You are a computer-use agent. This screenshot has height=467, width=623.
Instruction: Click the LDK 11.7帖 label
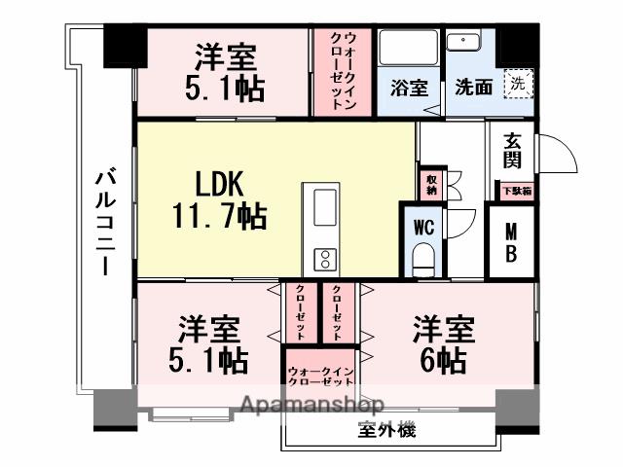pyautogui.click(x=220, y=199)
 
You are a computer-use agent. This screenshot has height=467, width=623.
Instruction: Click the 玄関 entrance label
pyautogui.click(x=512, y=152)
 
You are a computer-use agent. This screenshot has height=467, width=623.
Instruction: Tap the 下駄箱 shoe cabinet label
pyautogui.click(x=516, y=191)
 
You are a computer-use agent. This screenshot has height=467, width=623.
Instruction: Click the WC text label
pyautogui.click(x=422, y=228)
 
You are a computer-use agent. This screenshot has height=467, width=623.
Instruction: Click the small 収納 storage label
pyautogui.click(x=430, y=184)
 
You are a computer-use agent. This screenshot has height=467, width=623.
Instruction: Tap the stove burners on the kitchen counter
pyautogui.click(x=323, y=259)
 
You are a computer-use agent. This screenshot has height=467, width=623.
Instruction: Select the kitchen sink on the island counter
pyautogui.click(x=324, y=205)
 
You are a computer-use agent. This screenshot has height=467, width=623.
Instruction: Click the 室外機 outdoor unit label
pyautogui.click(x=386, y=430)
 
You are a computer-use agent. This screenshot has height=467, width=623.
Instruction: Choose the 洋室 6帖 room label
pyautogui.click(x=443, y=344)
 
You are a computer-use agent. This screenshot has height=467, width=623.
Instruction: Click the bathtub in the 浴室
pyautogui.click(x=408, y=49)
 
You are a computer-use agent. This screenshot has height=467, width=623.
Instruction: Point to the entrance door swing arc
pyautogui.click(x=557, y=152)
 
